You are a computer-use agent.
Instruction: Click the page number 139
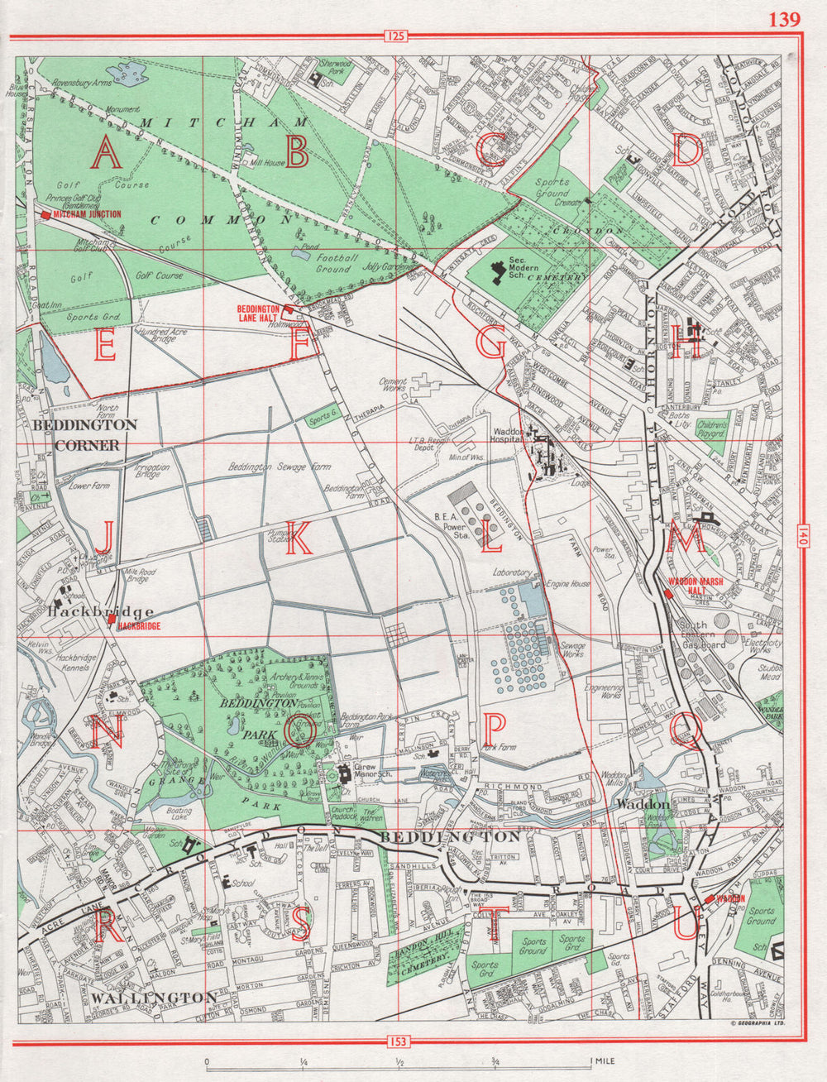[784, 19]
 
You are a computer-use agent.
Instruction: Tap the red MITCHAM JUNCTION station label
[86, 214]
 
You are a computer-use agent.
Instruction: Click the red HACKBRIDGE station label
[139, 627]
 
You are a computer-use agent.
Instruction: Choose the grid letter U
[685, 924]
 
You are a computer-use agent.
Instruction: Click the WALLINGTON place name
[154, 998]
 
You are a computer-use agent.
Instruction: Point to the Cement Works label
[393, 386]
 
